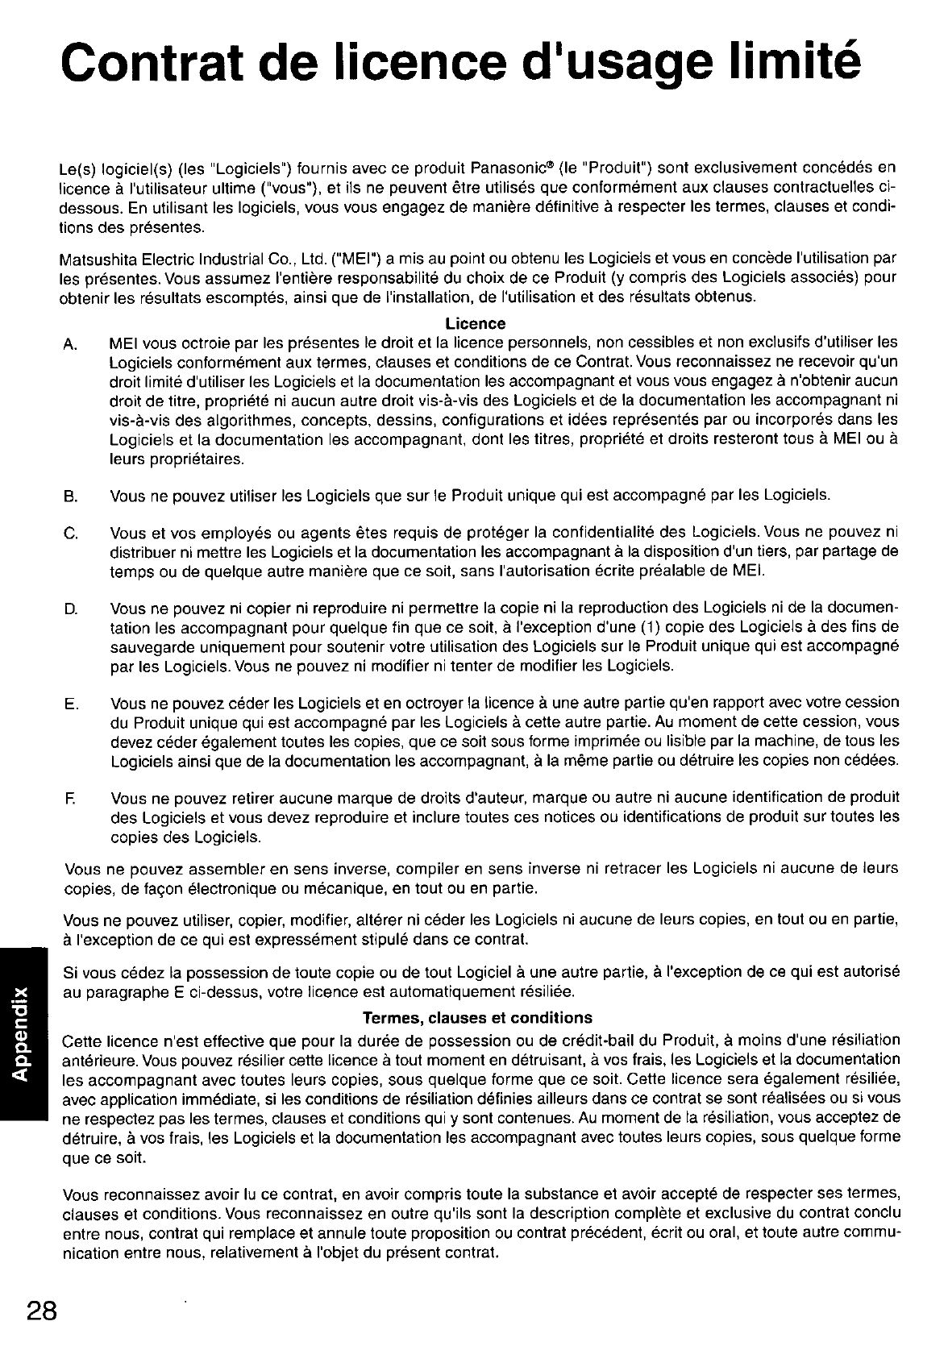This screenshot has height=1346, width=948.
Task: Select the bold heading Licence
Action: click(x=476, y=323)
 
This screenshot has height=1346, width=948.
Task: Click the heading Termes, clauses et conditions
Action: click(x=477, y=1017)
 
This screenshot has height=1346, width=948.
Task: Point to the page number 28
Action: click(x=40, y=1310)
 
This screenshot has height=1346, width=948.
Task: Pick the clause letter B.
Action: click(x=69, y=494)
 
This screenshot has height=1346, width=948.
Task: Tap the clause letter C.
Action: click(x=69, y=534)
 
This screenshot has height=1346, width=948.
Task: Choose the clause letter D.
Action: click(x=69, y=608)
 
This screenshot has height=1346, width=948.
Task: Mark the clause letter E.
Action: click(x=69, y=704)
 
